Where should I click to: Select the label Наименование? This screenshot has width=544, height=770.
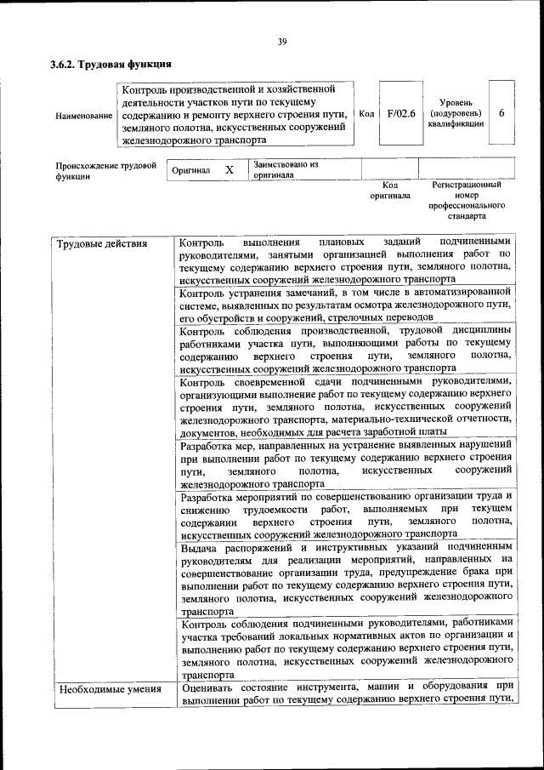tap(83, 115)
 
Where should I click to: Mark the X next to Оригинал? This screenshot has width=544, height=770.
tap(229, 169)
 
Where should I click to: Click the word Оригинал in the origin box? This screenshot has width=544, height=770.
tap(190, 170)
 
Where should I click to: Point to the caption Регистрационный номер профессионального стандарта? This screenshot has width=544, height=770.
tap(467, 200)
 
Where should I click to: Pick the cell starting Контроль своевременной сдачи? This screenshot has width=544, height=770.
tap(345, 407)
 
